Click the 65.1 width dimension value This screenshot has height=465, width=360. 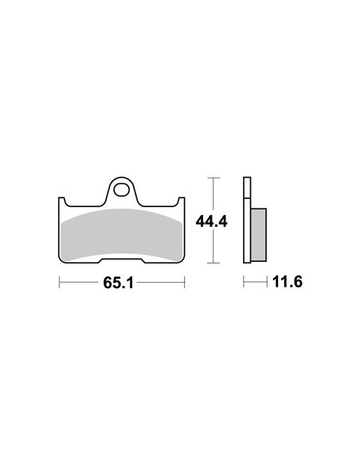click(x=119, y=283)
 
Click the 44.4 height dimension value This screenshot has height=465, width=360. click(x=211, y=221)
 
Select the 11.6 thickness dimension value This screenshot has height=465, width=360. click(x=287, y=281)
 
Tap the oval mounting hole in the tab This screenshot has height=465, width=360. click(x=120, y=190)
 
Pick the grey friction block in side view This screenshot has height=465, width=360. click(x=258, y=235)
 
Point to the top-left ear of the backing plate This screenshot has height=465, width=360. click(x=62, y=201)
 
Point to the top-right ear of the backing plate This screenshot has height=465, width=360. click(x=181, y=201)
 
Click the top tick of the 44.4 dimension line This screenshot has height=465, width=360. click(x=213, y=178)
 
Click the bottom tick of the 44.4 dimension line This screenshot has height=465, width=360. click(x=213, y=263)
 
